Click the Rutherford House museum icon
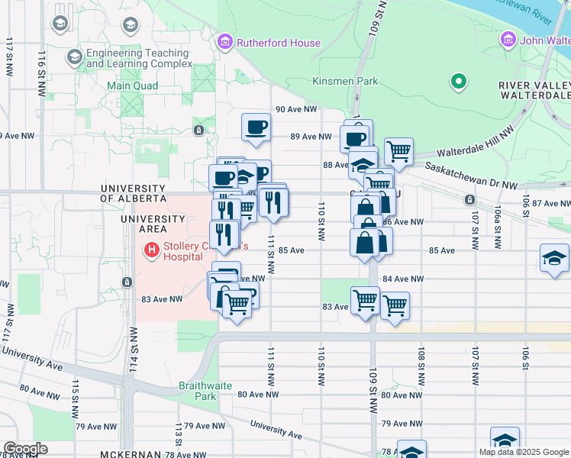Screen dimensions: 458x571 [x=225, y=43]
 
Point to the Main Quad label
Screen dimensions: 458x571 [x=132, y=86]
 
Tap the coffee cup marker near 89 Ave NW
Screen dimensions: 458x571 [x=256, y=127]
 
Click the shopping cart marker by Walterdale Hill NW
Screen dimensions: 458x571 [x=398, y=151]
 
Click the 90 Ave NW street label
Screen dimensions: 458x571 [x=295, y=109]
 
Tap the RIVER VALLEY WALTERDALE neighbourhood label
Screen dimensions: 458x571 [x=534, y=90]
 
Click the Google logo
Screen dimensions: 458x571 [x=24, y=449]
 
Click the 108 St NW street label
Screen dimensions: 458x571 [x=421, y=367]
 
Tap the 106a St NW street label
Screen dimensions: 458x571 [x=497, y=227]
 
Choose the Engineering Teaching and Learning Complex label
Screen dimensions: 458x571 [x=137, y=58]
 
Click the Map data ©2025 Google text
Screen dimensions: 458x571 [x=523, y=452]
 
